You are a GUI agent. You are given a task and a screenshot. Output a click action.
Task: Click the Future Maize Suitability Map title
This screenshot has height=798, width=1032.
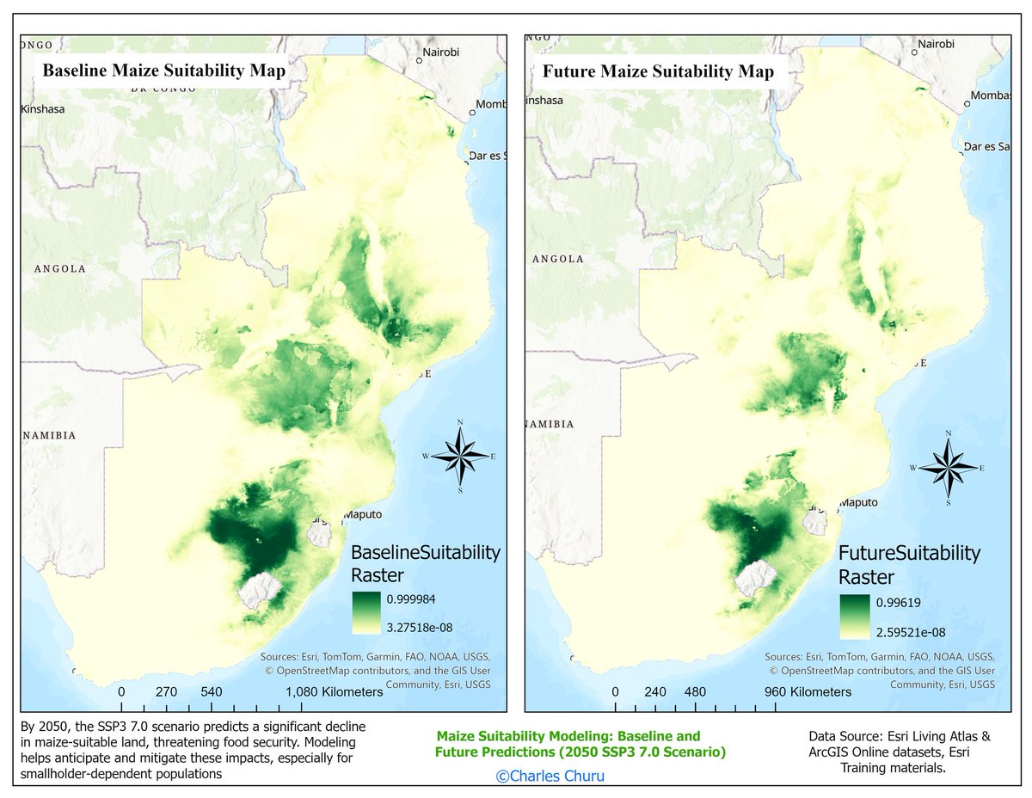point(658,71)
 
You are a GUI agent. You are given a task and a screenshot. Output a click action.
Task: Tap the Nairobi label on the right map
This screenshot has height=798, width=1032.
point(936,44)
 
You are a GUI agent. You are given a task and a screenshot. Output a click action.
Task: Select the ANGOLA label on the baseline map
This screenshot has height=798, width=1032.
point(60,268)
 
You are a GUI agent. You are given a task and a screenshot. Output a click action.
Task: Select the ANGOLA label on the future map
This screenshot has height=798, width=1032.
point(558,258)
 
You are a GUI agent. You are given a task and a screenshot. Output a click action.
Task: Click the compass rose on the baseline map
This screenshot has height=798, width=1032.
point(461,455)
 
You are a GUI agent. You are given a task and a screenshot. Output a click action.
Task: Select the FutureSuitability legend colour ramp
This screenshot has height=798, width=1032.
point(857,617)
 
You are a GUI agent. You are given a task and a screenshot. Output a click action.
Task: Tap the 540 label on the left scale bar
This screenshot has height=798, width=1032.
point(211,691)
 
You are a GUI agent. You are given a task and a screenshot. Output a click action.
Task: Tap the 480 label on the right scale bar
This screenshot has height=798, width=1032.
point(695,691)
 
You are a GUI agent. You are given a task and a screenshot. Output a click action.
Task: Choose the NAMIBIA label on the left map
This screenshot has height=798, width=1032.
point(50,435)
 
